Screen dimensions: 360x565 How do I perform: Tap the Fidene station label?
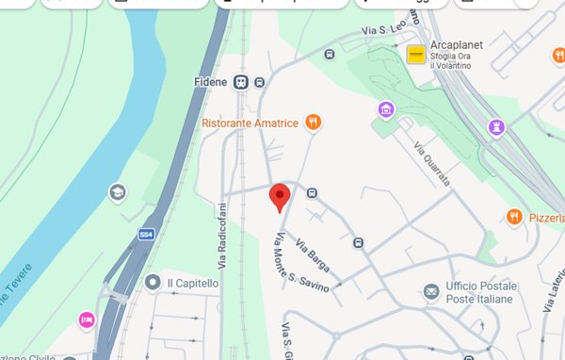coord(211,82)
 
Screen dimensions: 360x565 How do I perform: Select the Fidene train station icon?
coord(242,82)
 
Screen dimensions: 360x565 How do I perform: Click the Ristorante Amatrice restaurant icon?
coord(313,123)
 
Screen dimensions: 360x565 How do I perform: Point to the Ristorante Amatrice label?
coord(250,123)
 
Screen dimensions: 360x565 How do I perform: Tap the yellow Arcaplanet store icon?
coord(415,57)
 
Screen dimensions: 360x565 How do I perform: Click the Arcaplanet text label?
coord(458,44)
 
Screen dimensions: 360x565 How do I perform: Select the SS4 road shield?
coord(146,234)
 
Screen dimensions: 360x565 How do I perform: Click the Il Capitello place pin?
coord(152,282)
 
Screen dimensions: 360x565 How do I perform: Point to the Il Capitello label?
coord(192,283)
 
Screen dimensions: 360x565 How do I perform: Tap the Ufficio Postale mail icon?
coord(431,291)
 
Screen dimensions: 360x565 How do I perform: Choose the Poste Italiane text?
coord(480,299)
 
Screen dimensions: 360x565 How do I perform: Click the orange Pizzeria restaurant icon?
coord(513,217)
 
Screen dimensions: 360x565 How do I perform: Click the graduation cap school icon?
coord(117,192)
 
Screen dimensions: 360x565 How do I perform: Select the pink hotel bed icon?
coord(87,319)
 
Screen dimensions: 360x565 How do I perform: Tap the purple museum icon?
coord(384,111)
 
